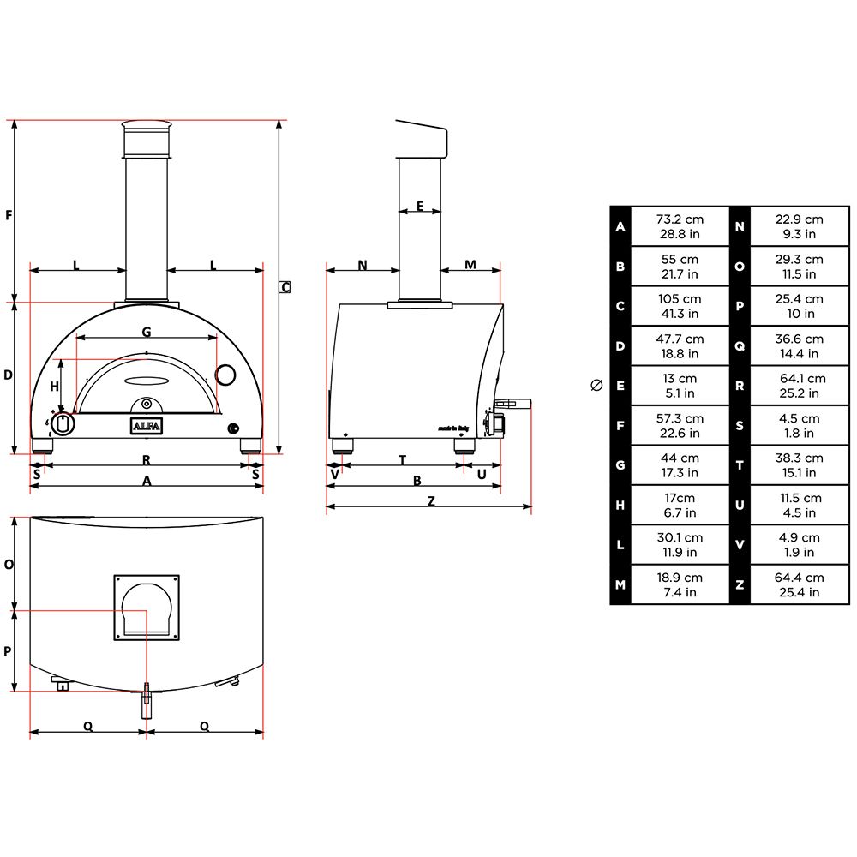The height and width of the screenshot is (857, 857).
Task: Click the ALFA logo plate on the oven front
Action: click(147, 426)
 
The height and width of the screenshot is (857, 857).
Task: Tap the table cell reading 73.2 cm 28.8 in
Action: click(679, 226)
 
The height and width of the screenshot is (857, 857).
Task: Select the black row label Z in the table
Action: click(740, 585)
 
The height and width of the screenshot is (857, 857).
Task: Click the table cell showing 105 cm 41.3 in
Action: click(679, 306)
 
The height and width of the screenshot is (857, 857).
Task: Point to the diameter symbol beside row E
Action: click(597, 386)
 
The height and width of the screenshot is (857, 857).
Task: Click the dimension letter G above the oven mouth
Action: click(147, 331)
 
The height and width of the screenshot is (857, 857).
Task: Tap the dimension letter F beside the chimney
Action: click(9, 214)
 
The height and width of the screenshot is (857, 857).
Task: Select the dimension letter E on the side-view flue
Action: click(420, 205)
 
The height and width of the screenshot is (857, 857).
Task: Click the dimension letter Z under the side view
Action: click(431, 501)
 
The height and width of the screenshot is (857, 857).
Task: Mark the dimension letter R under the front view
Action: click(147, 460)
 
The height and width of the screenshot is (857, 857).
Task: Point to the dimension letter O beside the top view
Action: click(9, 565)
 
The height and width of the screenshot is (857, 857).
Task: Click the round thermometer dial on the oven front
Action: click(225, 375)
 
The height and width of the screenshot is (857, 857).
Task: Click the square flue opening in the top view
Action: click(147, 608)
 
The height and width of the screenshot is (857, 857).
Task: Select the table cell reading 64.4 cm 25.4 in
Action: click(799, 585)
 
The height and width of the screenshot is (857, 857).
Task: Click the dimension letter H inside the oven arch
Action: click(55, 387)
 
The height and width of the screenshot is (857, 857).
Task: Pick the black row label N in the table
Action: click(740, 226)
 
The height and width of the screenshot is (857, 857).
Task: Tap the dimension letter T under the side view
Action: click(402, 460)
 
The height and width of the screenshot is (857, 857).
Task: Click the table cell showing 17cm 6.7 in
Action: click(679, 506)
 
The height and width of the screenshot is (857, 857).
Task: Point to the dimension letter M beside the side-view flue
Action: click(470, 265)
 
